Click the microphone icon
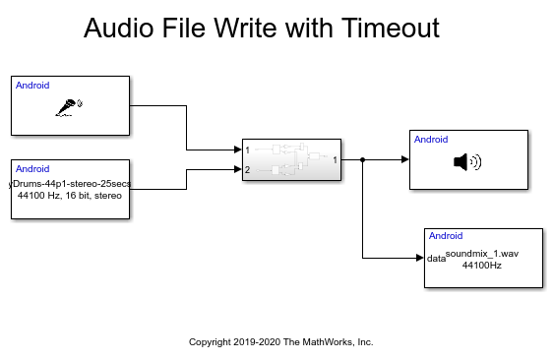pyautogui.click(x=70, y=107)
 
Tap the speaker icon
pyautogui.click(x=466, y=161)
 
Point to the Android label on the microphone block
pyautogui.click(x=32, y=86)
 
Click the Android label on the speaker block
pyautogui.click(x=431, y=140)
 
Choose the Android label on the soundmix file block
pyautogui.click(x=446, y=236)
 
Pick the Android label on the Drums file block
pyautogui.click(x=32, y=169)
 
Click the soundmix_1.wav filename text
pyautogui.click(x=481, y=254)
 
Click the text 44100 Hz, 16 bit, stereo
pyautogui.click(x=69, y=195)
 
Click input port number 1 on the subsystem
pyautogui.click(x=248, y=150)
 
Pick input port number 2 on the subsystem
pyautogui.click(x=248, y=170)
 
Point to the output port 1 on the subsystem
pyautogui.click(x=336, y=159)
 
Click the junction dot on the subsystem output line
pyautogui.click(x=363, y=159)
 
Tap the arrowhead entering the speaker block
pyautogui.click(x=404, y=159)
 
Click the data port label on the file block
pyautogui.click(x=436, y=259)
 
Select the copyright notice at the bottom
pyautogui.click(x=280, y=342)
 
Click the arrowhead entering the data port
pyautogui.click(x=419, y=259)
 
